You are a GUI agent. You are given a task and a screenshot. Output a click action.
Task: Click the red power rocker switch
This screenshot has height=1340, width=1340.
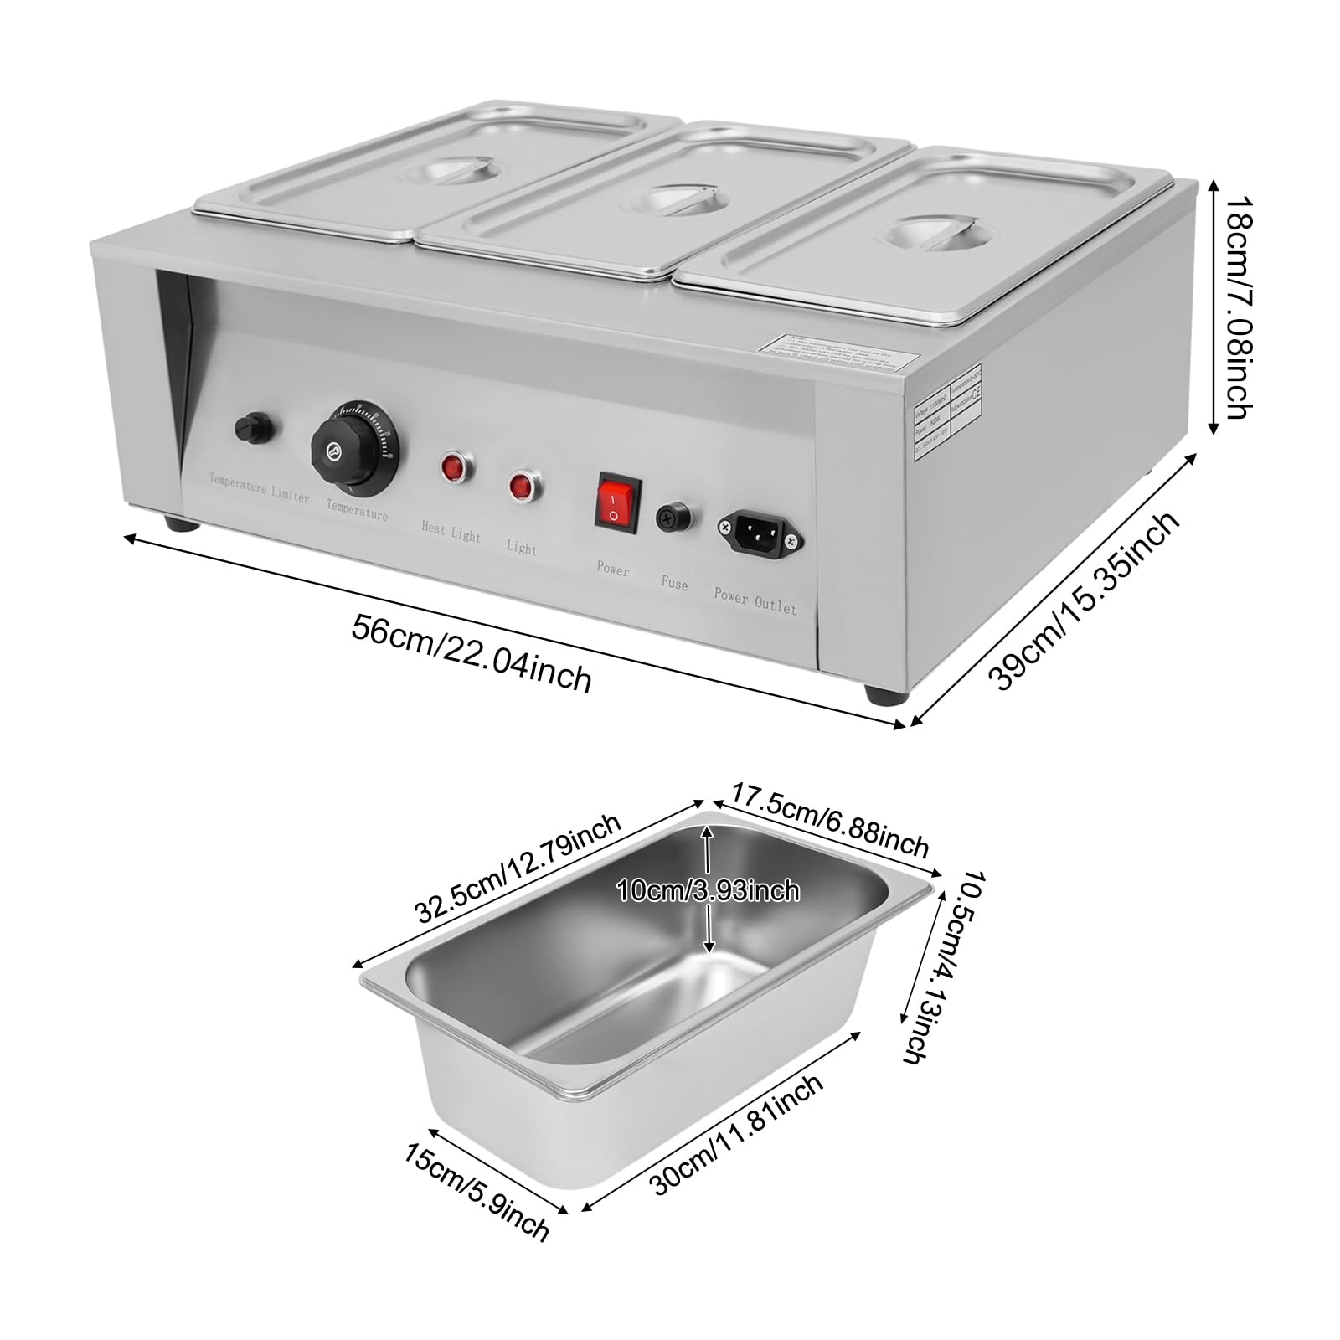tap(618, 501)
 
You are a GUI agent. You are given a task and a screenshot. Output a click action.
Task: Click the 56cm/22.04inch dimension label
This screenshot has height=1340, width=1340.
tap(472, 653)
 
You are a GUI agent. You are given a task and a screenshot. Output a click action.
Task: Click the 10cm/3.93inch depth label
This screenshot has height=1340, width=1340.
tap(708, 890)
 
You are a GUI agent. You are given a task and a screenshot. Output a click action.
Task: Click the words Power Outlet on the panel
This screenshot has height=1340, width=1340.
tap(755, 600)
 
